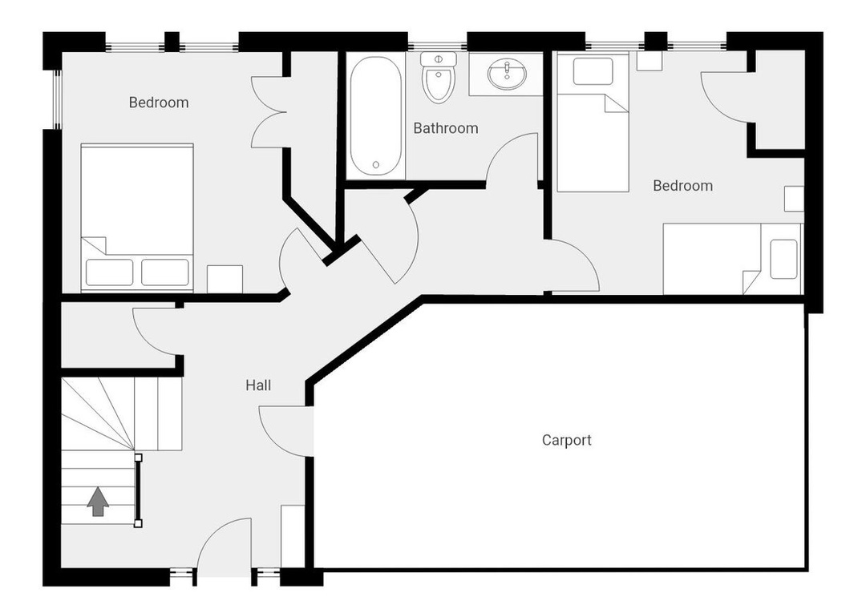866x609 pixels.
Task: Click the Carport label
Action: point(566,440)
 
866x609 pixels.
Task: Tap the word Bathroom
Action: point(446,128)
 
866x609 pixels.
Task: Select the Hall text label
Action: point(258,385)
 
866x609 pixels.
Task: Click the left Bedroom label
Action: point(159,103)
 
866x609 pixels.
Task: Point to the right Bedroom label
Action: point(682,186)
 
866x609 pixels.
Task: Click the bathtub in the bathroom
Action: point(375,116)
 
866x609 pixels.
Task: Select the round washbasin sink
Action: point(507,74)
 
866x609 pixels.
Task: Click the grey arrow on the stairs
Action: point(98,502)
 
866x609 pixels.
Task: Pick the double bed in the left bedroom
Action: point(137,217)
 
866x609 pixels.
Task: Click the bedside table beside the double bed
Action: point(225,280)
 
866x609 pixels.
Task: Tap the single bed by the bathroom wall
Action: point(593,123)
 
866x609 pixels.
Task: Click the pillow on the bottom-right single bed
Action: point(783,259)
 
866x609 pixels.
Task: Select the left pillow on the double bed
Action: point(109,272)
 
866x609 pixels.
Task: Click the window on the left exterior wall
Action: point(57,99)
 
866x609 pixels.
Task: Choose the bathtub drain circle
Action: point(376,164)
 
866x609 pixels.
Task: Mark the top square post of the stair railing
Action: point(138,458)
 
